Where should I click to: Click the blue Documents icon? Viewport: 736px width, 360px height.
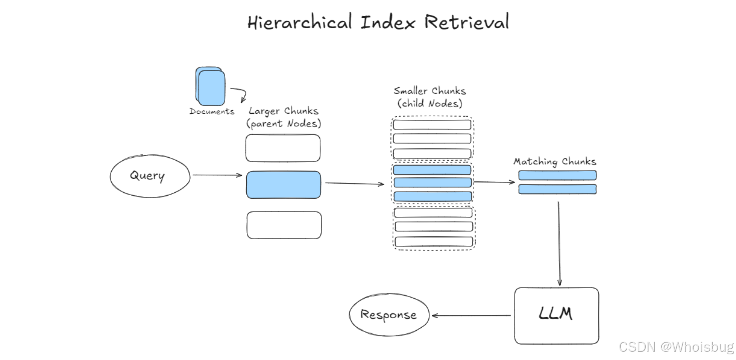pyautogui.click(x=210, y=86)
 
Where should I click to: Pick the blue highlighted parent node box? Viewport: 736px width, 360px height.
pyautogui.click(x=284, y=185)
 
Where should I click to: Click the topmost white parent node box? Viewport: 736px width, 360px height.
pyautogui.click(x=283, y=148)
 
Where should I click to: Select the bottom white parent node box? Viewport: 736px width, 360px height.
pyautogui.click(x=284, y=225)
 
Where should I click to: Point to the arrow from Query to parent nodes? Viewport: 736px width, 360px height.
pyautogui.click(x=217, y=175)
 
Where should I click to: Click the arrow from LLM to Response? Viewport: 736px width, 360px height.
pyautogui.click(x=471, y=315)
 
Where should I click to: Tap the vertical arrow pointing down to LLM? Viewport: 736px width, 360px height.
pyautogui.click(x=559, y=243)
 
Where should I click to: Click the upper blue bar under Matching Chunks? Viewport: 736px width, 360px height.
pyautogui.click(x=558, y=175)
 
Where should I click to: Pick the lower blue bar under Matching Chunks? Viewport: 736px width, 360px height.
pyautogui.click(x=558, y=189)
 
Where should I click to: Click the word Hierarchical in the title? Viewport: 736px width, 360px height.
pyautogui.click(x=300, y=22)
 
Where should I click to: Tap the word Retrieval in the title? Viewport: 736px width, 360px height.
pyautogui.click(x=467, y=22)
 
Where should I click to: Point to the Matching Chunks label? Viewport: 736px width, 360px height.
pyautogui.click(x=555, y=161)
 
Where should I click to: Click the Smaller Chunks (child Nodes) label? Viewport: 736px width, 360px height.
pyautogui.click(x=430, y=97)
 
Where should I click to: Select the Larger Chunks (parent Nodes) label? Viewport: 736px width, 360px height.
pyautogui.click(x=284, y=117)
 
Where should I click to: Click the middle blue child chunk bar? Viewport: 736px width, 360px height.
pyautogui.click(x=433, y=182)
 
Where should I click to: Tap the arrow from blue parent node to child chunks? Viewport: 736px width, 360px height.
pyautogui.click(x=355, y=184)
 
